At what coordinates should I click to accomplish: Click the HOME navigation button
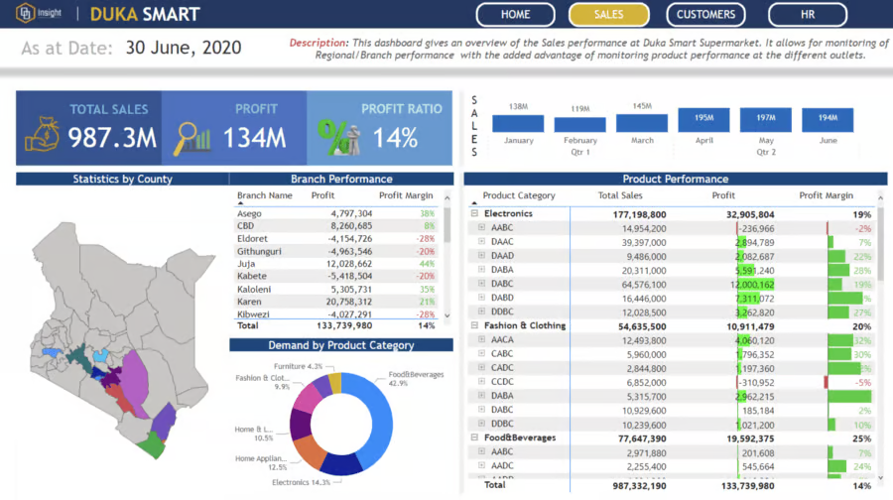[515, 15]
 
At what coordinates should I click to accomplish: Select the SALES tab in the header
[608, 15]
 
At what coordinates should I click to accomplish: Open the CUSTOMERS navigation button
[705, 15]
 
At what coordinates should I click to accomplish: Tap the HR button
[808, 15]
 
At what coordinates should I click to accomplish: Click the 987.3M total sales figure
[112, 138]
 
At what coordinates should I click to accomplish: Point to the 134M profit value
[254, 138]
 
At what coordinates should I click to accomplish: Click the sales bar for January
[518, 124]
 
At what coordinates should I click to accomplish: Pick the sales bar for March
[642, 123]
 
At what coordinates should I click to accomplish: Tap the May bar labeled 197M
[765, 119]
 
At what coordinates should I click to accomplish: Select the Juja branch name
[246, 264]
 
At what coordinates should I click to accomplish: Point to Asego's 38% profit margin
[427, 213]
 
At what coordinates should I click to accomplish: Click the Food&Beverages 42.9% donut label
[417, 379]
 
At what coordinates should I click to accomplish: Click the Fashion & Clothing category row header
[524, 325]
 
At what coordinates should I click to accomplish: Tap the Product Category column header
[519, 196]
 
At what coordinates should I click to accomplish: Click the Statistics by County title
[122, 180]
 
